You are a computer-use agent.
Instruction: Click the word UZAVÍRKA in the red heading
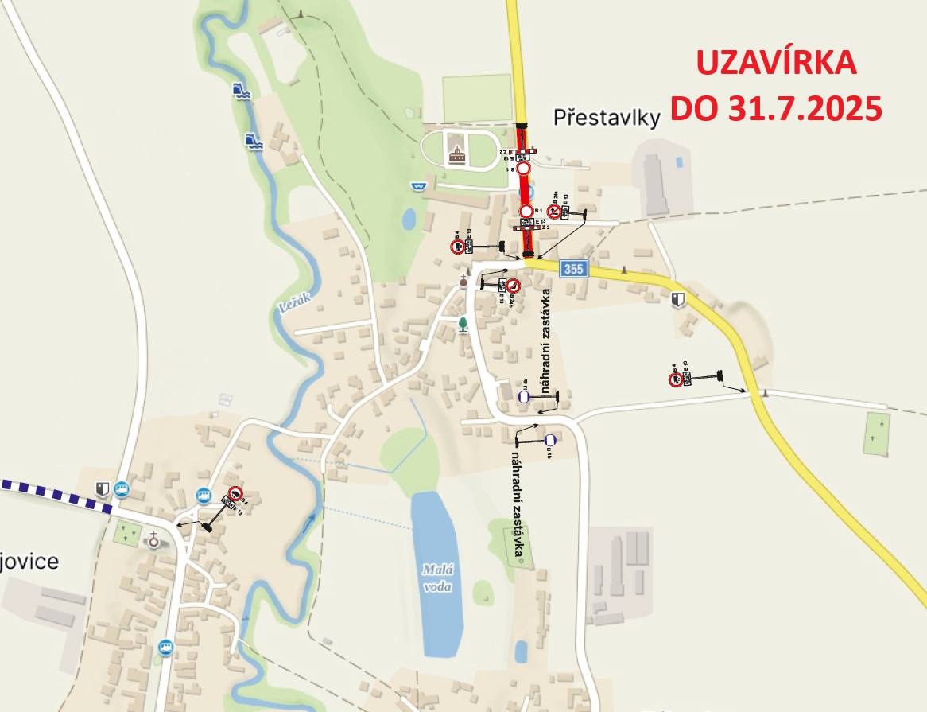pyautogui.click(x=776, y=63)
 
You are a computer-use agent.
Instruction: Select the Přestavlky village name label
pyautogui.click(x=607, y=119)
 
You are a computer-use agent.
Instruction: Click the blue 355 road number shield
pyautogui.click(x=572, y=269)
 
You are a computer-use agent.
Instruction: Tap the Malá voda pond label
pyautogui.click(x=436, y=577)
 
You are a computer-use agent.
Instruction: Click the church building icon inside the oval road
pyautogui.click(x=457, y=154)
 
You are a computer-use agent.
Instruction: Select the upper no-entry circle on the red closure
pyautogui.click(x=523, y=169)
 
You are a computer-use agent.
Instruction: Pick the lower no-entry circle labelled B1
pyautogui.click(x=526, y=211)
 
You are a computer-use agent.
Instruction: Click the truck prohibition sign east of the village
pyautogui.click(x=675, y=379)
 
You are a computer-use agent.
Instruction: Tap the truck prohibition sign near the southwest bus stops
pyautogui.click(x=235, y=492)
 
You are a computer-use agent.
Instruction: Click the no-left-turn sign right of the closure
pyautogui.click(x=553, y=212)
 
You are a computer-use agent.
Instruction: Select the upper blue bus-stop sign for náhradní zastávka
pyautogui.click(x=523, y=395)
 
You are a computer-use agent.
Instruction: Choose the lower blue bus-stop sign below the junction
pyautogui.click(x=549, y=439)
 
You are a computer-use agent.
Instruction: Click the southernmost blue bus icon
pyautogui.click(x=165, y=646)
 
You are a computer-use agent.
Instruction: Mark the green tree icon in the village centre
pyautogui.click(x=463, y=323)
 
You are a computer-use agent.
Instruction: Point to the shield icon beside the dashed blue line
pyautogui.click(x=102, y=488)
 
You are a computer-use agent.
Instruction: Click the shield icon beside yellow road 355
pyautogui.click(x=677, y=299)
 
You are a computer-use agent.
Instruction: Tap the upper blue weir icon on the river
pyautogui.click(x=242, y=90)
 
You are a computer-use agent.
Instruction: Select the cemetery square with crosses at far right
pyautogui.click(x=875, y=434)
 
